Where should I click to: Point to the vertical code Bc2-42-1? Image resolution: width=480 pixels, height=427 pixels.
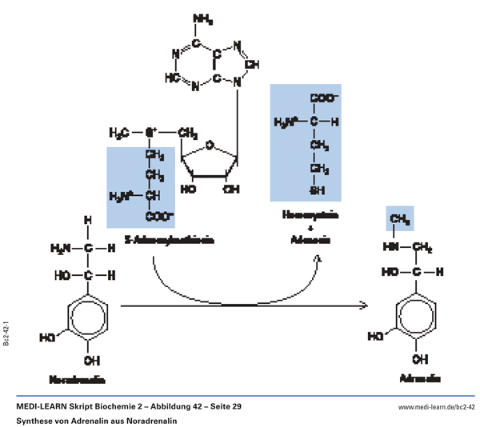coord(6,330)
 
